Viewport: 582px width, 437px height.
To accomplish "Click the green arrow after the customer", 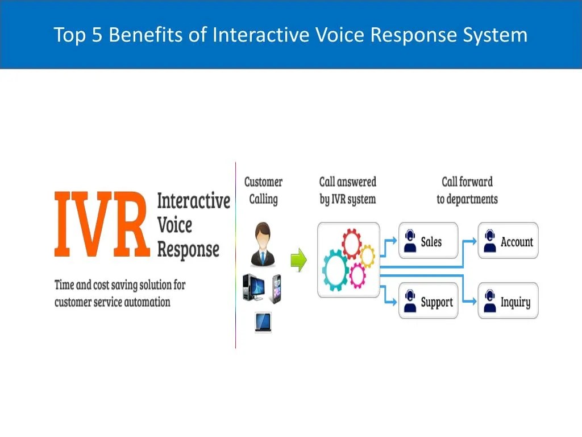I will (298, 261).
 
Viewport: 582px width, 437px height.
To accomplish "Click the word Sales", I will (431, 242).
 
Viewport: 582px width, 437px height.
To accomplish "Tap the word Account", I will (517, 242).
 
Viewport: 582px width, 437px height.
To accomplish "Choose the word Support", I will (436, 302).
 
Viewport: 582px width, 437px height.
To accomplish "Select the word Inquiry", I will (515, 302).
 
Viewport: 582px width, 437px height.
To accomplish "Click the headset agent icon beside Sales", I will (409, 241).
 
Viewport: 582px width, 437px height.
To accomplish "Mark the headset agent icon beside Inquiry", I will (488, 302).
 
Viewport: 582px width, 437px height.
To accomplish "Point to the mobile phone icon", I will (276, 288).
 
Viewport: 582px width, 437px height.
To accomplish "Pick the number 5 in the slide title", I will (97, 35).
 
